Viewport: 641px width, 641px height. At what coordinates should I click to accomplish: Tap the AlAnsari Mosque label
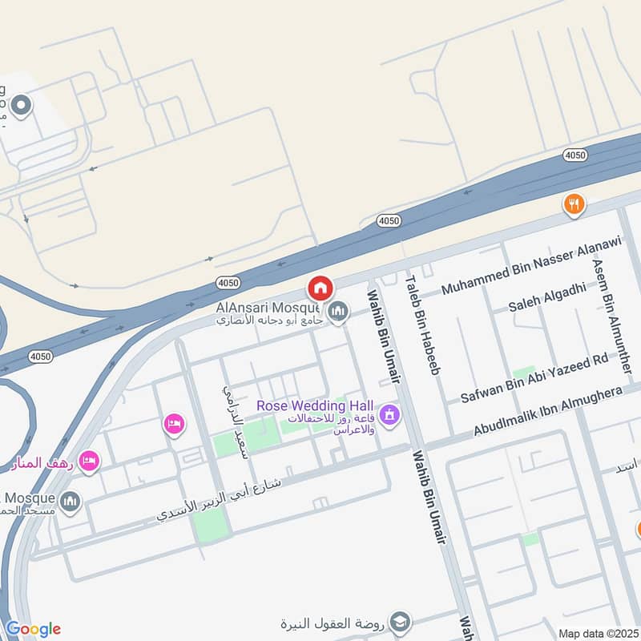click(267, 307)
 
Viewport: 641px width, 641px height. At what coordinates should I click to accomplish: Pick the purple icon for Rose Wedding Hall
click(389, 415)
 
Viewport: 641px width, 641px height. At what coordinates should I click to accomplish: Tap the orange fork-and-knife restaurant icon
click(573, 204)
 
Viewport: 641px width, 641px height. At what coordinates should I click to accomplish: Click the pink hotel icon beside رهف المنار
click(90, 461)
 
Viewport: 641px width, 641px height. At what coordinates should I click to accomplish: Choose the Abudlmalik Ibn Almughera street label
click(548, 412)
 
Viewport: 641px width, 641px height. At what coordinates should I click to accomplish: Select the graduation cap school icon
click(400, 622)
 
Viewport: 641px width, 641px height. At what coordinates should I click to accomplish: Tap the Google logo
click(33, 629)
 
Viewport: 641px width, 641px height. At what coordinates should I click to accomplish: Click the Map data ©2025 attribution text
click(599, 633)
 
